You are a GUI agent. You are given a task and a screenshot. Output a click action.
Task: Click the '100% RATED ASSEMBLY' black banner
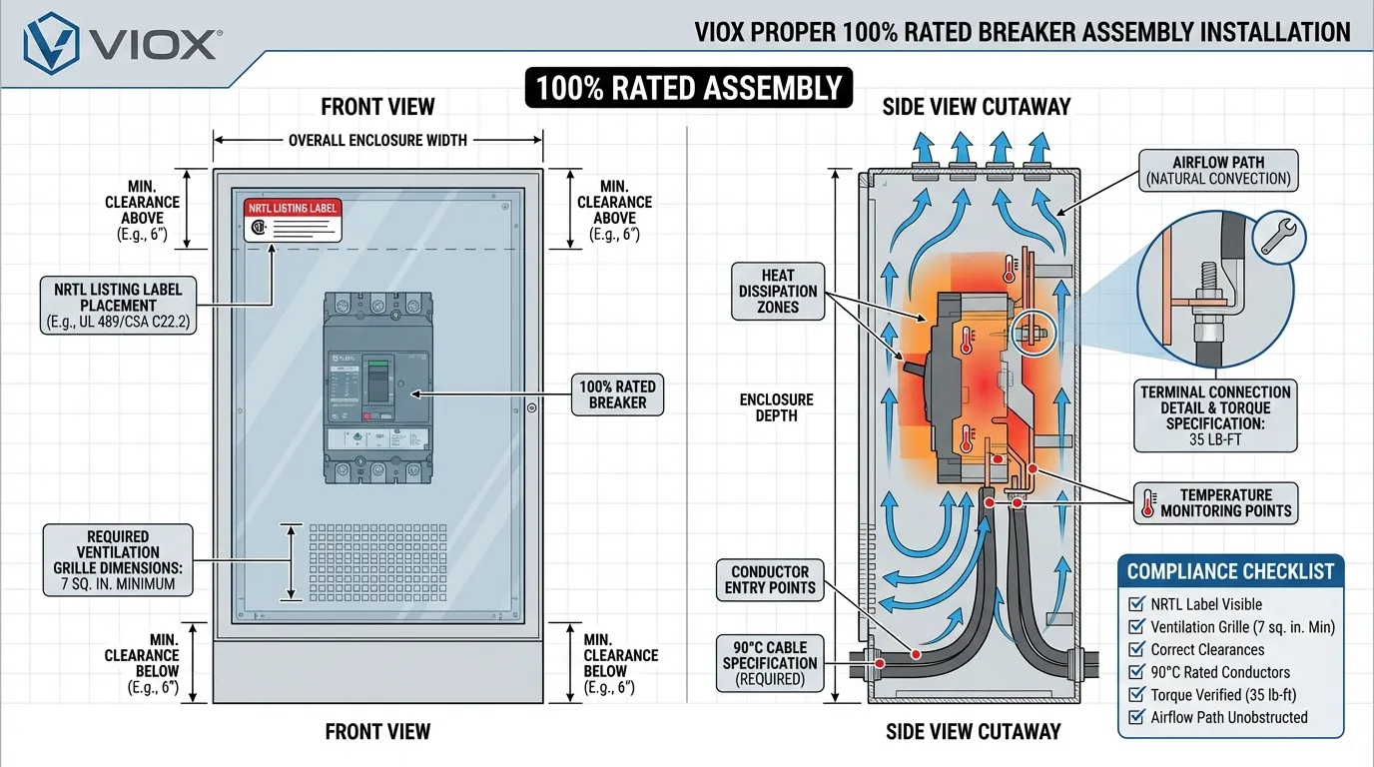pos(689,88)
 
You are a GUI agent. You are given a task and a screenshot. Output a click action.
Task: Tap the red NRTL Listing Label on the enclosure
pos(293,219)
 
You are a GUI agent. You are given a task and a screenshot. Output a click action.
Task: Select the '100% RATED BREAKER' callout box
pos(618,394)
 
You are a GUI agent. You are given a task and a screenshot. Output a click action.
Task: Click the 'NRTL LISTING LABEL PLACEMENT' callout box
pos(117,306)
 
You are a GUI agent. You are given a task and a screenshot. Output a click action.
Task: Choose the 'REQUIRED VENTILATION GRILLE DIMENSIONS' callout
pos(117,560)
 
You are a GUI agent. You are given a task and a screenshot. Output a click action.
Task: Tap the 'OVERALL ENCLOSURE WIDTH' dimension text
pos(377,140)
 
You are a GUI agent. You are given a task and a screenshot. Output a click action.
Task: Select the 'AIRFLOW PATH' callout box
pos(1218,171)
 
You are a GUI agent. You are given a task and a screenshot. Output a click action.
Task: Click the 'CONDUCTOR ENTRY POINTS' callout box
pos(770,579)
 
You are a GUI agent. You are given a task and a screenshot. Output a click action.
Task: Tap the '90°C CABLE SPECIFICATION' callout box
pos(770,662)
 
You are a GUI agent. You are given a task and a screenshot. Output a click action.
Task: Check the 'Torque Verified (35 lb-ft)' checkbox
pos(1135,695)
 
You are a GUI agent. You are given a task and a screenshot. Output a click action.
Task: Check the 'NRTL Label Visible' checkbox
pos(1135,604)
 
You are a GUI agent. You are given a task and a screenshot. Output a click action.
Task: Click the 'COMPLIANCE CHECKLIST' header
pos(1230,571)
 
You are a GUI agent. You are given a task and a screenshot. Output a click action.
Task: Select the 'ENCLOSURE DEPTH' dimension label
pos(776,406)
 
